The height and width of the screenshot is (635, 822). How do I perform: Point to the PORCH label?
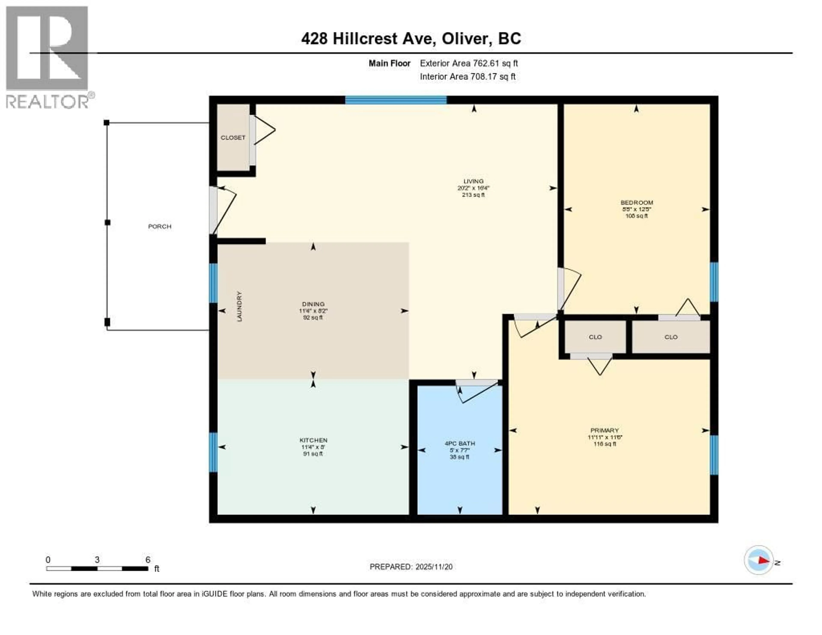click(159, 227)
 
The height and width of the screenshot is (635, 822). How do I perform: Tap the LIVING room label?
click(473, 181)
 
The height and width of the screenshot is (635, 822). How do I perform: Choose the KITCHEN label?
click(313, 440)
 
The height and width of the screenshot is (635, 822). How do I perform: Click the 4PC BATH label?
click(460, 443)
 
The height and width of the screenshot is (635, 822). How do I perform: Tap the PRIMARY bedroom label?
click(605, 430)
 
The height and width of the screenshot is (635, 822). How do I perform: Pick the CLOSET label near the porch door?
click(233, 138)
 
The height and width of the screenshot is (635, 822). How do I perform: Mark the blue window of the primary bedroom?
click(714, 455)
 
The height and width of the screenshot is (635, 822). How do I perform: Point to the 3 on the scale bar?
click(97, 560)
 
